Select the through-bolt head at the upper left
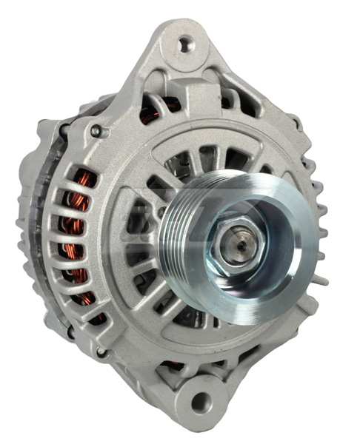click(96, 131)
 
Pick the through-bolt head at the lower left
click(100, 352)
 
